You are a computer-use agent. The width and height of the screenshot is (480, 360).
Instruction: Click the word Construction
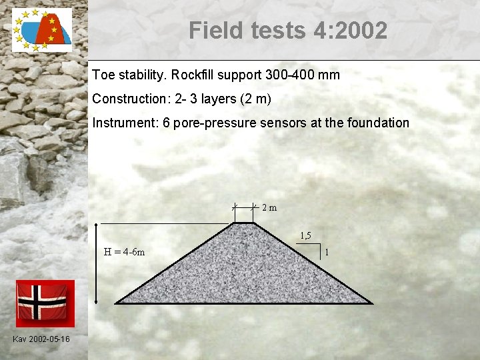[x=131, y=99]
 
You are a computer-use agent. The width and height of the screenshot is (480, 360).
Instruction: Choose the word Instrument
[x=123, y=123]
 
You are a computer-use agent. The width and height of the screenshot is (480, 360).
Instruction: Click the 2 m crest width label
[x=269, y=207]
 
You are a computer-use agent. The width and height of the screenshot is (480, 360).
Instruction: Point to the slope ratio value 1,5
[x=305, y=235]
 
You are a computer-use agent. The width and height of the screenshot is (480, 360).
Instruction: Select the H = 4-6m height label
[x=125, y=252]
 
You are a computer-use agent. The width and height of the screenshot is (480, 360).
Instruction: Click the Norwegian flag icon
[x=45, y=303]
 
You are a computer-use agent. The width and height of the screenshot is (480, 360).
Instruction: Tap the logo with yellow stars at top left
[x=41, y=30]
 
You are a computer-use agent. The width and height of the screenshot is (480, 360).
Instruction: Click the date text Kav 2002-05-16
[x=41, y=340]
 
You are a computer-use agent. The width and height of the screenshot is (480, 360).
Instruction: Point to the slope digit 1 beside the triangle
[x=327, y=252]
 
